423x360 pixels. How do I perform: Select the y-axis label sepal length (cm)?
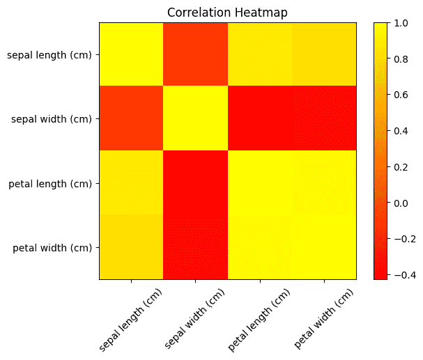click(49, 54)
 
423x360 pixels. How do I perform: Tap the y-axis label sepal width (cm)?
click(52, 119)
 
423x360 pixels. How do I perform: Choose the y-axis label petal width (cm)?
click(52, 247)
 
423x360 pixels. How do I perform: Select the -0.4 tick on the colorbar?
click(401, 275)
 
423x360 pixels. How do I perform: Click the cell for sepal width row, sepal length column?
click(131, 119)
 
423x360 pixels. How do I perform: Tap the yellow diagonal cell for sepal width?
click(195, 119)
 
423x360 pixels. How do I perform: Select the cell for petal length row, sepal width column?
click(195, 183)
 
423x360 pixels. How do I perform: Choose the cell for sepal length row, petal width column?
click(324, 54)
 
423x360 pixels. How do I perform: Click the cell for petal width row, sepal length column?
click(131, 247)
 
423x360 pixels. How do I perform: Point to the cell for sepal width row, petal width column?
click(324, 119)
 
